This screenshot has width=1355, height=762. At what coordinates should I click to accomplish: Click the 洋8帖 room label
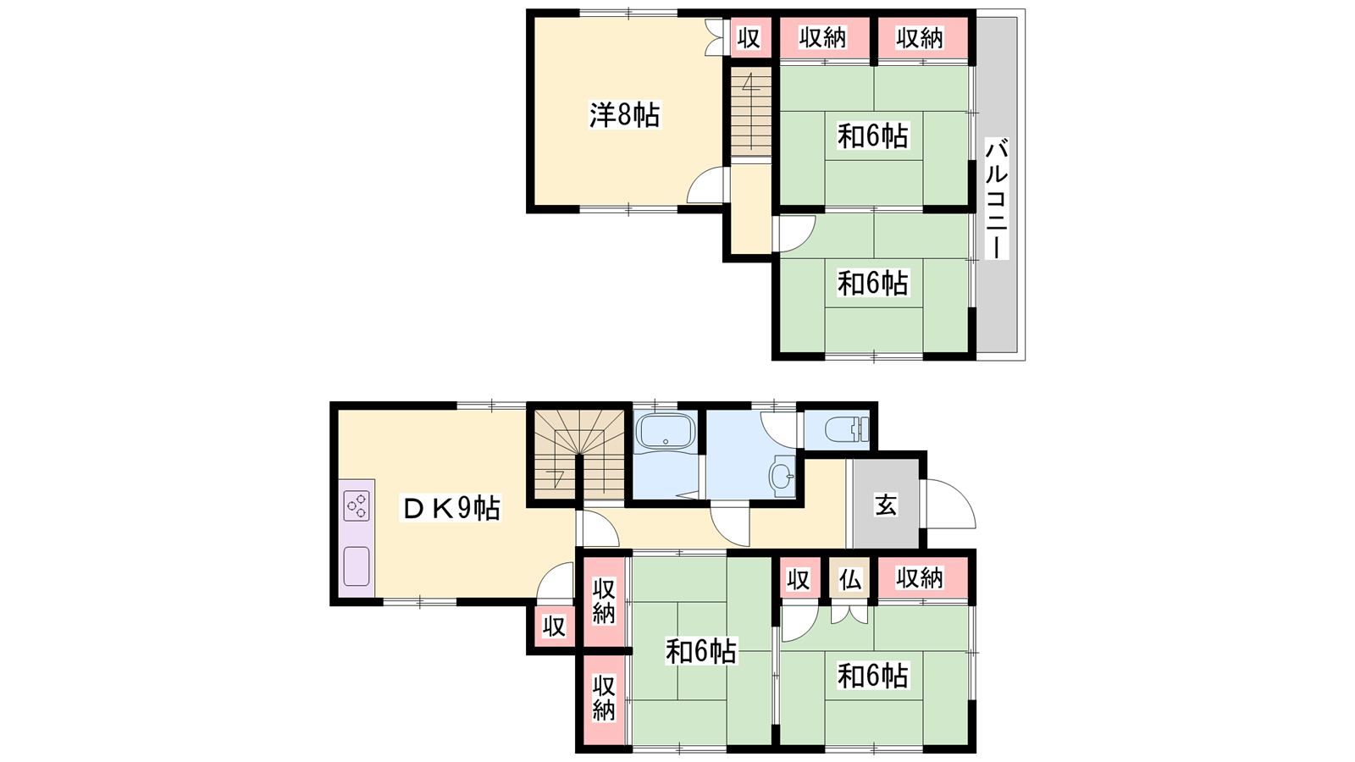(625, 114)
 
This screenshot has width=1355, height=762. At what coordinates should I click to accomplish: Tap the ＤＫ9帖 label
(451, 508)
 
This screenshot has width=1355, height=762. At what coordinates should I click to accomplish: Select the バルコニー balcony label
(996, 198)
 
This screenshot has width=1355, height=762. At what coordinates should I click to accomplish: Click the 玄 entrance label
(886, 504)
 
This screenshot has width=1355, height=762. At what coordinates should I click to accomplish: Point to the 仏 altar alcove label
(850, 580)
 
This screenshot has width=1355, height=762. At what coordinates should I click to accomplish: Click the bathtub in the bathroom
(666, 431)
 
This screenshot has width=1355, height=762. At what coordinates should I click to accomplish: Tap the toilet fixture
(846, 429)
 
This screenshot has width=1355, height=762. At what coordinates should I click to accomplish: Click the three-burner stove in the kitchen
(357, 506)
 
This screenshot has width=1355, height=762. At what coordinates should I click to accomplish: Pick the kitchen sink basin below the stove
(357, 566)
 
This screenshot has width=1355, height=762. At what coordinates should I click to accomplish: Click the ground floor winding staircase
(579, 456)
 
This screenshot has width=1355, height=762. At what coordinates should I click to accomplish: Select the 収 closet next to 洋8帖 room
(749, 38)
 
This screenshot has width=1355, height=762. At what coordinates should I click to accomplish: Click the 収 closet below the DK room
(554, 627)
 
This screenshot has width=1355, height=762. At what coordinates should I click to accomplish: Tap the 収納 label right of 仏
(920, 579)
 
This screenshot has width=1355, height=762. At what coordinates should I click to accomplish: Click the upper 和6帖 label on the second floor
(873, 136)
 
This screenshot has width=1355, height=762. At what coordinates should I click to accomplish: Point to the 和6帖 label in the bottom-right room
(873, 676)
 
